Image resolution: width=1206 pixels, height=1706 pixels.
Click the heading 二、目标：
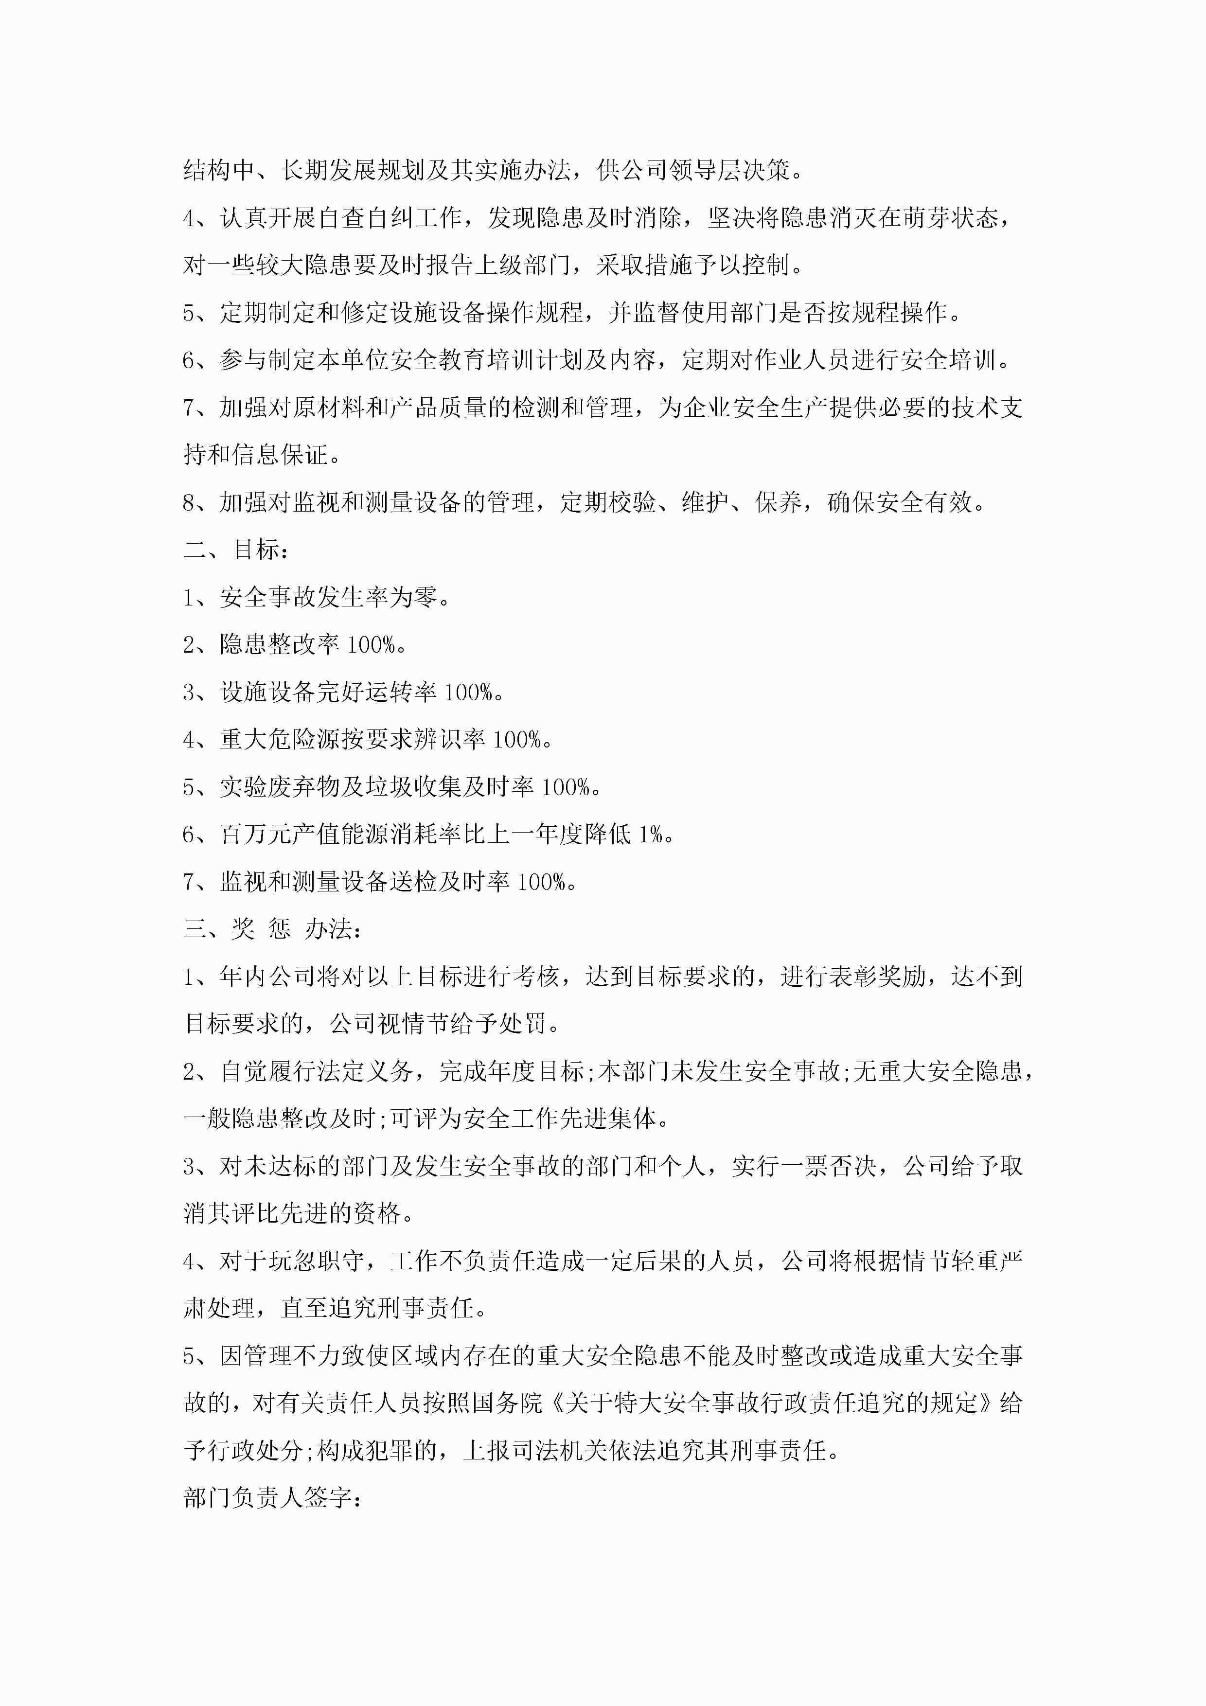tap(235, 550)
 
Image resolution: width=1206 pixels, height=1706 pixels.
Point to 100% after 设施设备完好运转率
tap(468, 693)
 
